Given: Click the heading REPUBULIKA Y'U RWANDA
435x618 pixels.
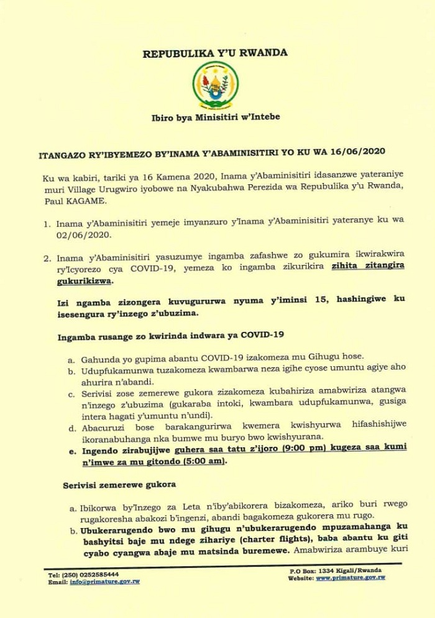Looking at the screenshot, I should (215, 53).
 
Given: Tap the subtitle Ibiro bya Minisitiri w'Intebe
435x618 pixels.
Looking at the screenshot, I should (216, 117).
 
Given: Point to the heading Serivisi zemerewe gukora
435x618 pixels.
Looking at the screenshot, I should (119, 484).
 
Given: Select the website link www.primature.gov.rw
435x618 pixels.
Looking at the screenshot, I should (350, 577).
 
